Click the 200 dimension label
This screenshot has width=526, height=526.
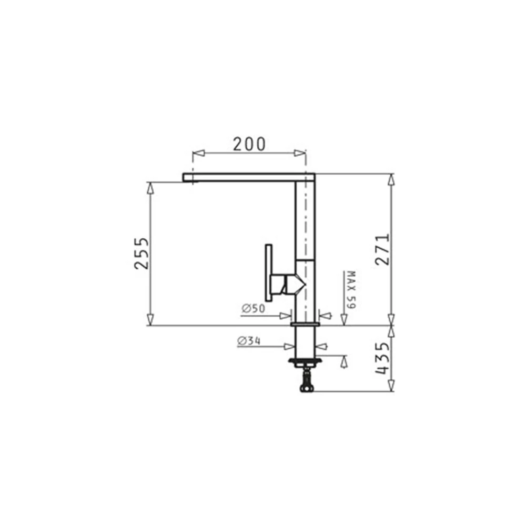click(x=249, y=144)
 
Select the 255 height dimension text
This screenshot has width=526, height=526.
click(x=141, y=254)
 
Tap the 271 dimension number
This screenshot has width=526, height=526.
click(x=382, y=249)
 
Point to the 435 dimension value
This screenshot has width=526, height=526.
click(x=382, y=358)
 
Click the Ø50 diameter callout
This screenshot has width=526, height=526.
click(x=254, y=308)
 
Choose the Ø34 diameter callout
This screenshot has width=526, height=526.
click(x=249, y=341)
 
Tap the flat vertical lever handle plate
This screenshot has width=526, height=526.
click(x=268, y=272)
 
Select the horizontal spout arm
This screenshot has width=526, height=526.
click(x=249, y=177)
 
